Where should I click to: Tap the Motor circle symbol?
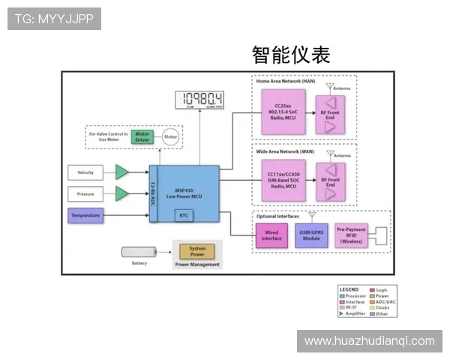click(171, 137)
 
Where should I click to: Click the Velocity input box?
click(85, 172)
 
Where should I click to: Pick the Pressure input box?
click(85, 194)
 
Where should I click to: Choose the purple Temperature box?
click(85, 216)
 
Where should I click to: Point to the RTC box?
click(184, 215)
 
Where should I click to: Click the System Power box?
click(197, 251)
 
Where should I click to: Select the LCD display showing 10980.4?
click(199, 99)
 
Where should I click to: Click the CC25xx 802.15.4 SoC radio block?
click(283, 112)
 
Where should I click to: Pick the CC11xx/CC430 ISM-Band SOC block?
click(283, 180)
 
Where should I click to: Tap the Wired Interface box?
click(271, 235)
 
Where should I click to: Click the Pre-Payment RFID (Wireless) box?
click(351, 235)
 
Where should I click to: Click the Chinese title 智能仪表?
click(291, 55)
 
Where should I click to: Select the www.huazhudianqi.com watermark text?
click(369, 341)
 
